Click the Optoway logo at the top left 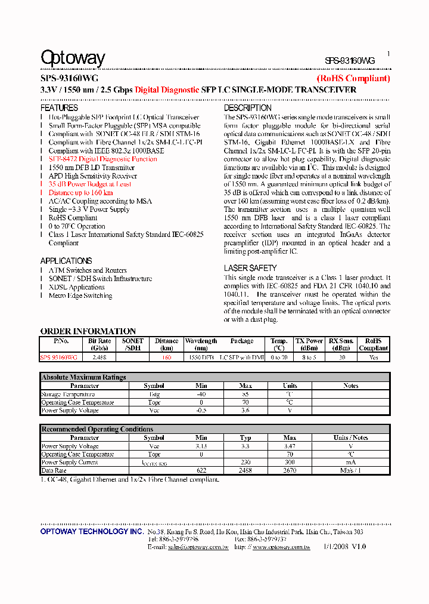click(x=73, y=58)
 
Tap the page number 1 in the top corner click(x=388, y=54)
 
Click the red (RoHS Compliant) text click(x=353, y=78)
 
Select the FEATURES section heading click(x=59, y=108)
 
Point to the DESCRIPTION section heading click(x=247, y=108)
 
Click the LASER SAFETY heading click(x=250, y=269)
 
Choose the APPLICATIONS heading click(x=66, y=261)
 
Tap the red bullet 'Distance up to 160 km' click(x=80, y=193)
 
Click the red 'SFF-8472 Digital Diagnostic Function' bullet click(x=102, y=159)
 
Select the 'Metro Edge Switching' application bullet click(x=80, y=295)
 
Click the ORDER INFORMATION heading click(x=88, y=331)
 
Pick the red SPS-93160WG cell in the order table click(x=58, y=357)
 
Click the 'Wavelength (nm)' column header click(x=201, y=344)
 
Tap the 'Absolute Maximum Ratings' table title click(x=83, y=377)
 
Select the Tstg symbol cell click(x=154, y=394)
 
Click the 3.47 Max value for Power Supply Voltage click(x=290, y=446)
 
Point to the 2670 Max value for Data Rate click(x=290, y=471)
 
